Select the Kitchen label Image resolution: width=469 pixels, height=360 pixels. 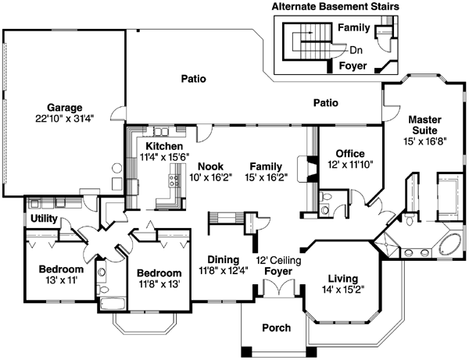[164, 146]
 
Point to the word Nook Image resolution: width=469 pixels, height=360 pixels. [210, 166]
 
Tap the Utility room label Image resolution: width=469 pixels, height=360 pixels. [44, 221]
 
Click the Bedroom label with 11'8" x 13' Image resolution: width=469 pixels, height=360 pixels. [159, 273]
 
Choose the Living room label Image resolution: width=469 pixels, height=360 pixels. [343, 279]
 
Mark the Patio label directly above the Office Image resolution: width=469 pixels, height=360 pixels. [325, 102]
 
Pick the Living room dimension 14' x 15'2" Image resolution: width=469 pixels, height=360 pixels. [343, 290]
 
